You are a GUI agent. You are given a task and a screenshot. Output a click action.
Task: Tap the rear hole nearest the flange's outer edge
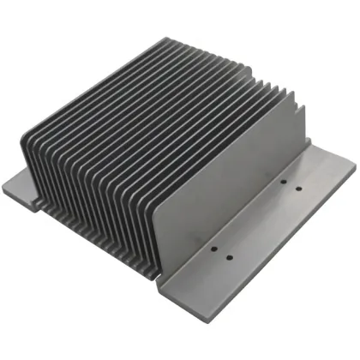click(x=298, y=188)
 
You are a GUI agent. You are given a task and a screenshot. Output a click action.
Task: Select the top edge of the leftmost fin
click(x=90, y=86)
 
